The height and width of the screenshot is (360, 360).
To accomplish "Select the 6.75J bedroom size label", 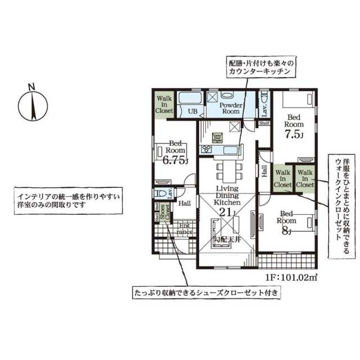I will point(175,160).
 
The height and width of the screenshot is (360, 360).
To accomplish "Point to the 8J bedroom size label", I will point(286,229).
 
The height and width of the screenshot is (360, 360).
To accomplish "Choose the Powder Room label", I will point(230,108).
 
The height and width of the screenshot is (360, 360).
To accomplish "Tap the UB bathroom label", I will point(192,111).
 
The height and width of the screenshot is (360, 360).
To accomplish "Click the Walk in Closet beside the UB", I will point(164,103).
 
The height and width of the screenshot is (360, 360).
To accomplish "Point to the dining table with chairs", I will point(227,168).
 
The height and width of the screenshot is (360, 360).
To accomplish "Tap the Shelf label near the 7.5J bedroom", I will point(264,123).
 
